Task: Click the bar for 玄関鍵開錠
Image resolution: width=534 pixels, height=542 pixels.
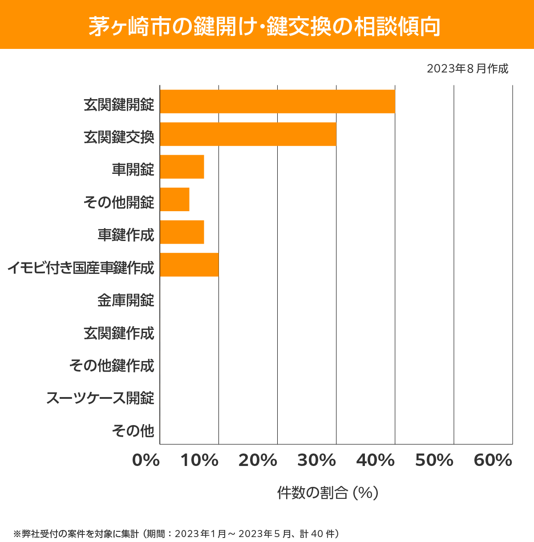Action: [x=277, y=101]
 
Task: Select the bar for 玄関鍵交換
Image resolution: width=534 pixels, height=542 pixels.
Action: [x=248, y=134]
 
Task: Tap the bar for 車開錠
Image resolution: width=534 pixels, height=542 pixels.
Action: [x=182, y=167]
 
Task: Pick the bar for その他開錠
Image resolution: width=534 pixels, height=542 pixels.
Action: [x=174, y=199]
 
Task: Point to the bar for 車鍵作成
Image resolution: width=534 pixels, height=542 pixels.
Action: [x=182, y=232]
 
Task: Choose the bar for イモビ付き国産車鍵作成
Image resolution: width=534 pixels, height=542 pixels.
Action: [x=189, y=265]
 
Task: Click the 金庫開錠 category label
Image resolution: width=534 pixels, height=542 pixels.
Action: [x=126, y=300]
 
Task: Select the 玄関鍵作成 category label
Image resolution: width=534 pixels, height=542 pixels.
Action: [x=119, y=333]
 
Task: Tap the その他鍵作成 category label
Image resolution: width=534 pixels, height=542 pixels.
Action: [x=112, y=365]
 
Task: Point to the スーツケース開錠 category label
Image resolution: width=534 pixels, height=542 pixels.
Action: [x=100, y=398]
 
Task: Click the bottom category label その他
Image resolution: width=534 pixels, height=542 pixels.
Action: [x=133, y=430]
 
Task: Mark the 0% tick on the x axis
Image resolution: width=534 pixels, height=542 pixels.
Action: [x=146, y=461]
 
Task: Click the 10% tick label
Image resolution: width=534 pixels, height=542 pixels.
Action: [x=199, y=461]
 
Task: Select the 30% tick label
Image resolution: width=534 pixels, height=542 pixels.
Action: [x=316, y=461]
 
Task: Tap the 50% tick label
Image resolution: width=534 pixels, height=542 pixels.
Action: [x=434, y=461]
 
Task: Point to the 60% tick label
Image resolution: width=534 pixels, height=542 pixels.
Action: [x=493, y=461]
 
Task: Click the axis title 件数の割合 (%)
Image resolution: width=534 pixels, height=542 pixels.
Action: [x=328, y=493]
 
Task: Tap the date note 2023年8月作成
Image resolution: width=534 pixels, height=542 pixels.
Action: [x=467, y=69]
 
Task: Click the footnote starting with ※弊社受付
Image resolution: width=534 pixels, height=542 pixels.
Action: [x=177, y=534]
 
